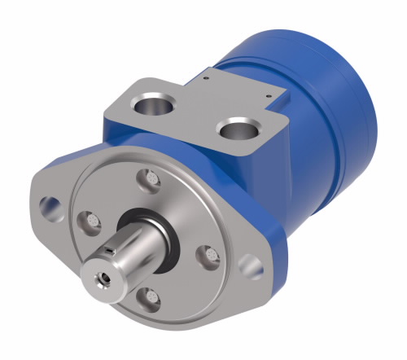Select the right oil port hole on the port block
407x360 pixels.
pyautogui.click(x=240, y=130)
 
